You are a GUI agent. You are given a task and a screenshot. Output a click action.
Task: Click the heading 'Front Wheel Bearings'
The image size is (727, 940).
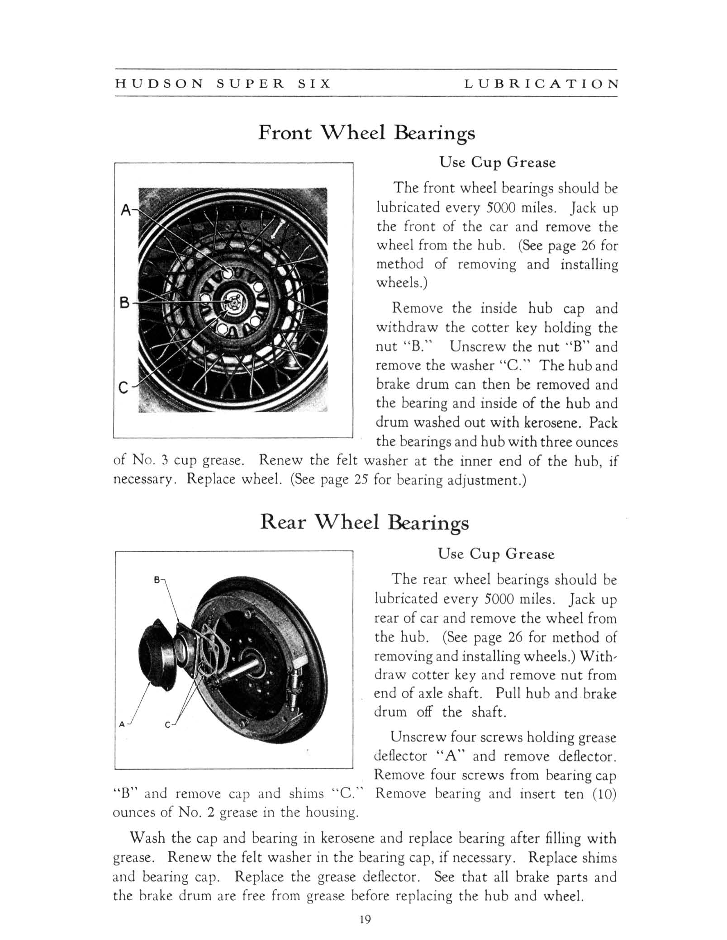[x=366, y=133]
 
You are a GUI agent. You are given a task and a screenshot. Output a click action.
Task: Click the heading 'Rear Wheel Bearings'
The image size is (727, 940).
[x=365, y=522]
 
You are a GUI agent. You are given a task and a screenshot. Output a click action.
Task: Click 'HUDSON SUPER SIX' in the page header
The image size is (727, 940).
[x=223, y=84]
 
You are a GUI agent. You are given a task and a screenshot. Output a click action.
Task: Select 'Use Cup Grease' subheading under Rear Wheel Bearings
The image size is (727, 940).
[x=496, y=554]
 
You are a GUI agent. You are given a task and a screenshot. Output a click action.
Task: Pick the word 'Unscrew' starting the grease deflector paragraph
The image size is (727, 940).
[x=418, y=737]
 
